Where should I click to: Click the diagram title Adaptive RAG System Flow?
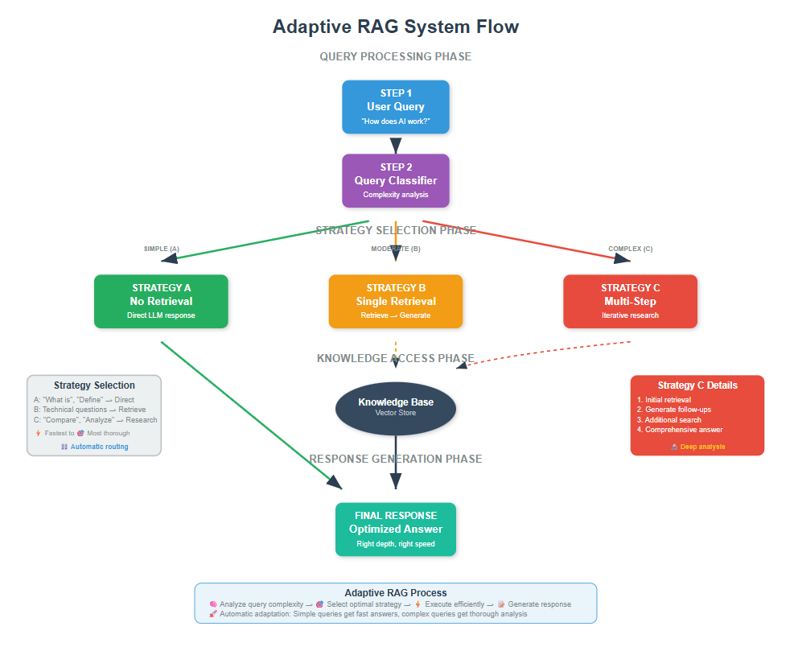395,27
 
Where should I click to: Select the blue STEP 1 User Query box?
395,106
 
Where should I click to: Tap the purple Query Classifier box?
395,180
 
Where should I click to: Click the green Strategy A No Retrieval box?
161,301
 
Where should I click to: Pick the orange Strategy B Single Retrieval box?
395,301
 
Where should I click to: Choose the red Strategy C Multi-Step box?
630,301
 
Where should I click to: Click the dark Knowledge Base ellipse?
395,406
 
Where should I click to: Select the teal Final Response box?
395,529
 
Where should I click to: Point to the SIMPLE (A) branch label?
161,249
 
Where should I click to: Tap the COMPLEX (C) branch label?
630,249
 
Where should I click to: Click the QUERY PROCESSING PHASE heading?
395,56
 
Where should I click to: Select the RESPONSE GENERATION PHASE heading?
395,459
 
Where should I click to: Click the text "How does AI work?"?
395,121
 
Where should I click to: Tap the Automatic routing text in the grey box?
98,447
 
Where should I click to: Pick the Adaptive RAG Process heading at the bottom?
395,592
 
